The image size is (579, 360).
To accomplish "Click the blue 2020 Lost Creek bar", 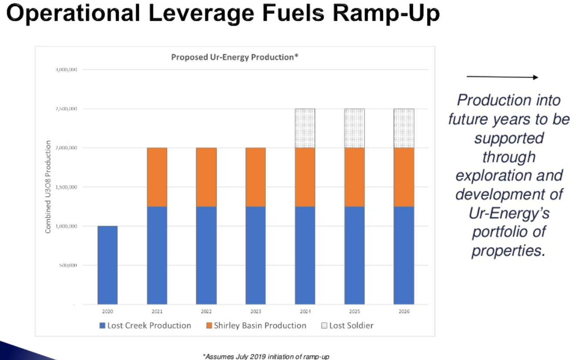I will pos(107,265).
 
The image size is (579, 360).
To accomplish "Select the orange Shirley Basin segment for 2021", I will pos(157,177).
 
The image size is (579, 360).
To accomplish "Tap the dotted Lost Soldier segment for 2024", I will pos(305,128).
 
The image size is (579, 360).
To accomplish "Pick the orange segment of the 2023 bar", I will pos(255,177).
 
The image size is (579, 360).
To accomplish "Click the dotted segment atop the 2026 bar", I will pos(404,128).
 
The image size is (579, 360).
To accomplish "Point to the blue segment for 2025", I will pos(355,255).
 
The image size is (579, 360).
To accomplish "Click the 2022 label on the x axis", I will pos(206,312).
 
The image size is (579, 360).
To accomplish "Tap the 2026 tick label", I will pos(404,312).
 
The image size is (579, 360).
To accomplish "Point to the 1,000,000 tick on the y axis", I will pos(67,226).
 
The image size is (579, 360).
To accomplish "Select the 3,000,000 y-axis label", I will pos(67,70).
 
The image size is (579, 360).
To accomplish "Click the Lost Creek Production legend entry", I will pos(145,326).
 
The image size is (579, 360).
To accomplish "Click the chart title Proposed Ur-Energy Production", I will pos(234,57).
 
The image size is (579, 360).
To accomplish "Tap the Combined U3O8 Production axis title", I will pos(48,187).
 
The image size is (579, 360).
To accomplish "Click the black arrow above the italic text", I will pos(502,77).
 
